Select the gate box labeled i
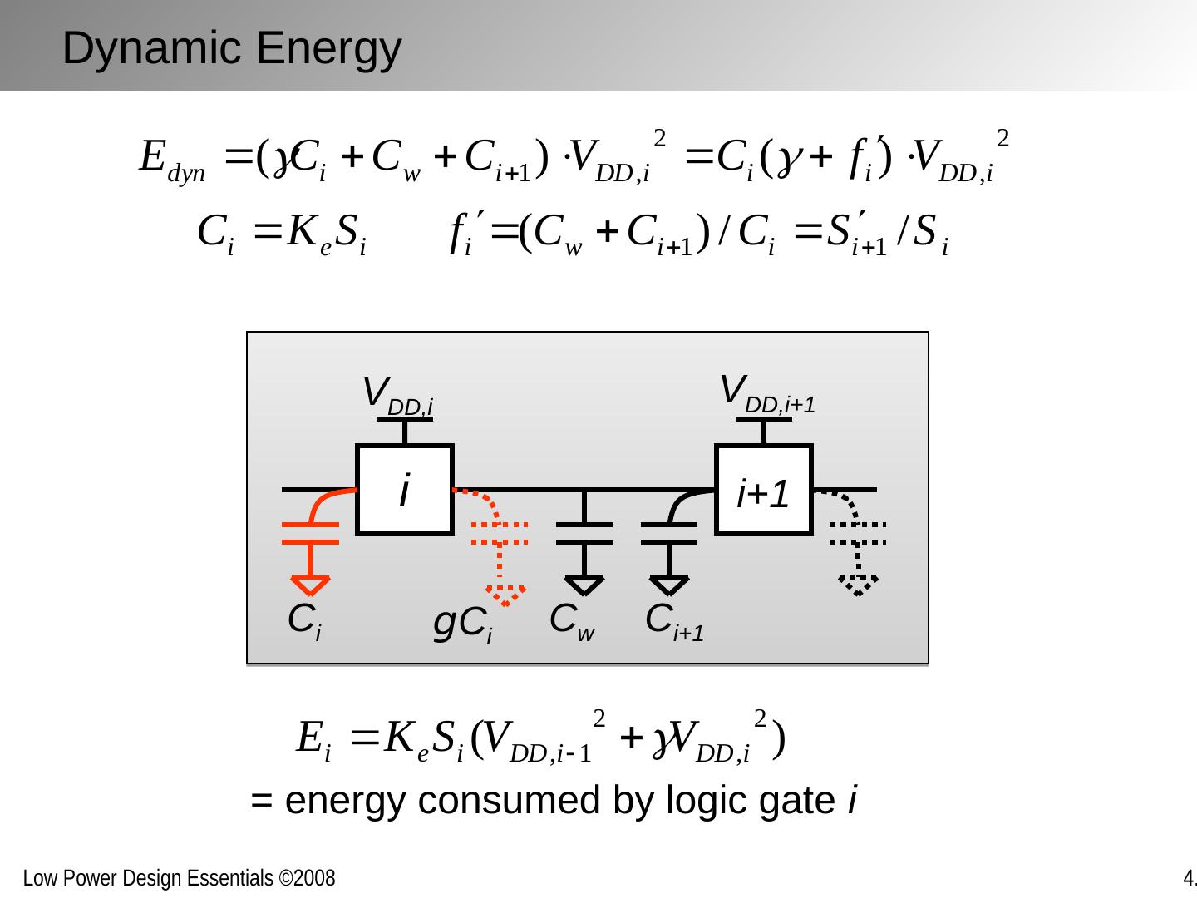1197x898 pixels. (x=405, y=490)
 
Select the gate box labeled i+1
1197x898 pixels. (x=763, y=490)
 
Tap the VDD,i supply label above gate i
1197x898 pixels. (x=398, y=394)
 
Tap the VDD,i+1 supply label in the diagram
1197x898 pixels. (x=766, y=392)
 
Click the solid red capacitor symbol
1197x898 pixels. (x=311, y=533)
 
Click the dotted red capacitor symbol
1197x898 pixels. (x=500, y=533)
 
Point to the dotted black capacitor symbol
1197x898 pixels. (x=858, y=533)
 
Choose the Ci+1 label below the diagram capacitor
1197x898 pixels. (x=674, y=621)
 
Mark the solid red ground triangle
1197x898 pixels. (x=311, y=585)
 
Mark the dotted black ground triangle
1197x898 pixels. (x=858, y=584)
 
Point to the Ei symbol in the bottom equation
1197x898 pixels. (x=314, y=739)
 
